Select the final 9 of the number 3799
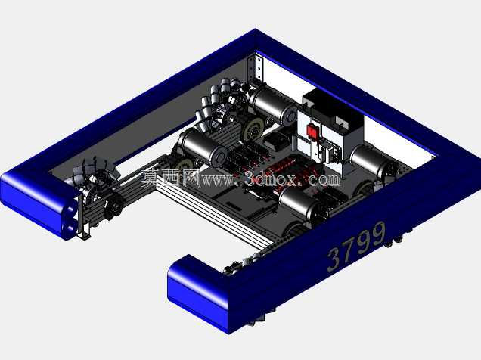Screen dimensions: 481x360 [x=377, y=234]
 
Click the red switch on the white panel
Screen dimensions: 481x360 [x=313, y=132]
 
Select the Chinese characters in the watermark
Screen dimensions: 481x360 [x=171, y=178]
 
